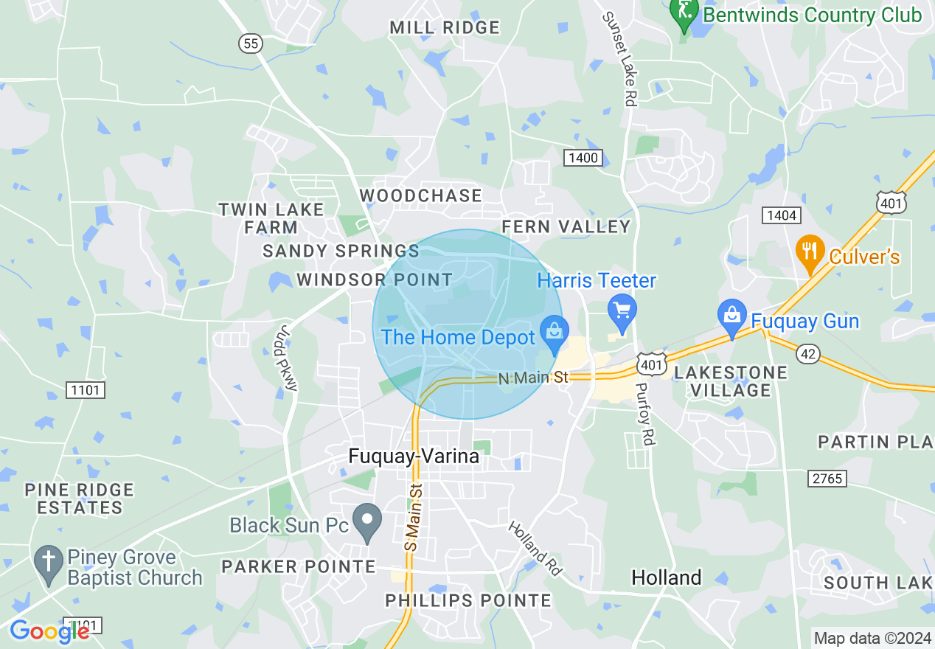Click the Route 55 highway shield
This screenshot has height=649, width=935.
click(251, 44)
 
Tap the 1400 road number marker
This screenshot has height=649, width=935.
click(583, 157)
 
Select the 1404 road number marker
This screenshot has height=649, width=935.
click(781, 215)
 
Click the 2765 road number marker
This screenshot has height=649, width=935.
click(826, 479)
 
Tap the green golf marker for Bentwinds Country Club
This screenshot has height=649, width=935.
click(684, 13)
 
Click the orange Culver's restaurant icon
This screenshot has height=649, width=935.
click(810, 252)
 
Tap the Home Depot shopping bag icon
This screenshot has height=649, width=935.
click(554, 333)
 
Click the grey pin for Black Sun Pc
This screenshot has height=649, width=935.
click(366, 521)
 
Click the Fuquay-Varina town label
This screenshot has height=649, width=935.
click(414, 457)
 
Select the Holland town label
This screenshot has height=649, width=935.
click(667, 577)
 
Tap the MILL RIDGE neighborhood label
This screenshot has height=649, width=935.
click(445, 28)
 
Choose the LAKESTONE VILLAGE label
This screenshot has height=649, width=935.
click(731, 381)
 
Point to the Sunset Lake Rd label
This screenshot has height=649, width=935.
click(619, 59)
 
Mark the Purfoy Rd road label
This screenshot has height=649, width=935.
click(644, 414)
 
